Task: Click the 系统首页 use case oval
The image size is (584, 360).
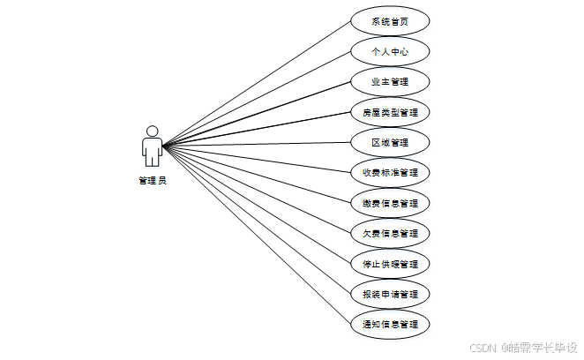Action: coord(389,21)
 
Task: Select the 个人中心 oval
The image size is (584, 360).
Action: coord(389,51)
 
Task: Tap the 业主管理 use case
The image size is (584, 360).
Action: coord(389,82)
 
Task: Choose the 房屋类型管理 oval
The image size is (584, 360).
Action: coord(389,112)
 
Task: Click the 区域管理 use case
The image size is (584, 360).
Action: coord(389,142)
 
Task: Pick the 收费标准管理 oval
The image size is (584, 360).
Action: coord(389,172)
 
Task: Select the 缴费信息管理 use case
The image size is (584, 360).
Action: coord(389,203)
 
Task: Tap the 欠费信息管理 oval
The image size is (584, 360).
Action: coord(389,233)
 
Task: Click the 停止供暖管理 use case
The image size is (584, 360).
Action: coord(389,264)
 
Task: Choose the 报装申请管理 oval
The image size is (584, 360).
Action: coord(389,294)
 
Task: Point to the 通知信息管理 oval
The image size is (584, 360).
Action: coord(389,324)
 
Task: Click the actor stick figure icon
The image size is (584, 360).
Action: coord(153,147)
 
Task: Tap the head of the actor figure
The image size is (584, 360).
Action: coord(153,131)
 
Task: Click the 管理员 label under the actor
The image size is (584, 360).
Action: coord(153,181)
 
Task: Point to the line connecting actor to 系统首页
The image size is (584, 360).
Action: coord(256,83)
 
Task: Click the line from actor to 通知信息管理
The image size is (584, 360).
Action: coord(256,234)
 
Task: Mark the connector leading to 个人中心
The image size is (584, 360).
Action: coord(256,98)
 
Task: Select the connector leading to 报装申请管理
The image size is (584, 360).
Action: coord(256,219)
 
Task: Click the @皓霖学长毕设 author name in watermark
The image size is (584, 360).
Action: coord(538,347)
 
